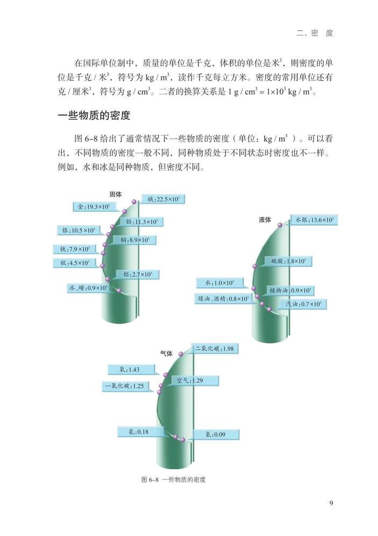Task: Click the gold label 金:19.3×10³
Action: coord(94,206)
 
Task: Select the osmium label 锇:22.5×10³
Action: coord(163,199)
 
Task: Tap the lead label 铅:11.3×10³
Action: coord(141,221)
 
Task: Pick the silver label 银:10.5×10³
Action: coord(78,230)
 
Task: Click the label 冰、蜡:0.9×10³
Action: coord(88,288)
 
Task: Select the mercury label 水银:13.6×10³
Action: coord(314,219)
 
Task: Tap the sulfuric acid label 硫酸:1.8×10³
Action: coord(288,261)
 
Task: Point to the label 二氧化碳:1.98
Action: coord(214,349)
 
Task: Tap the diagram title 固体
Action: coord(116,194)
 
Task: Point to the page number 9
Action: coord(331,504)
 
